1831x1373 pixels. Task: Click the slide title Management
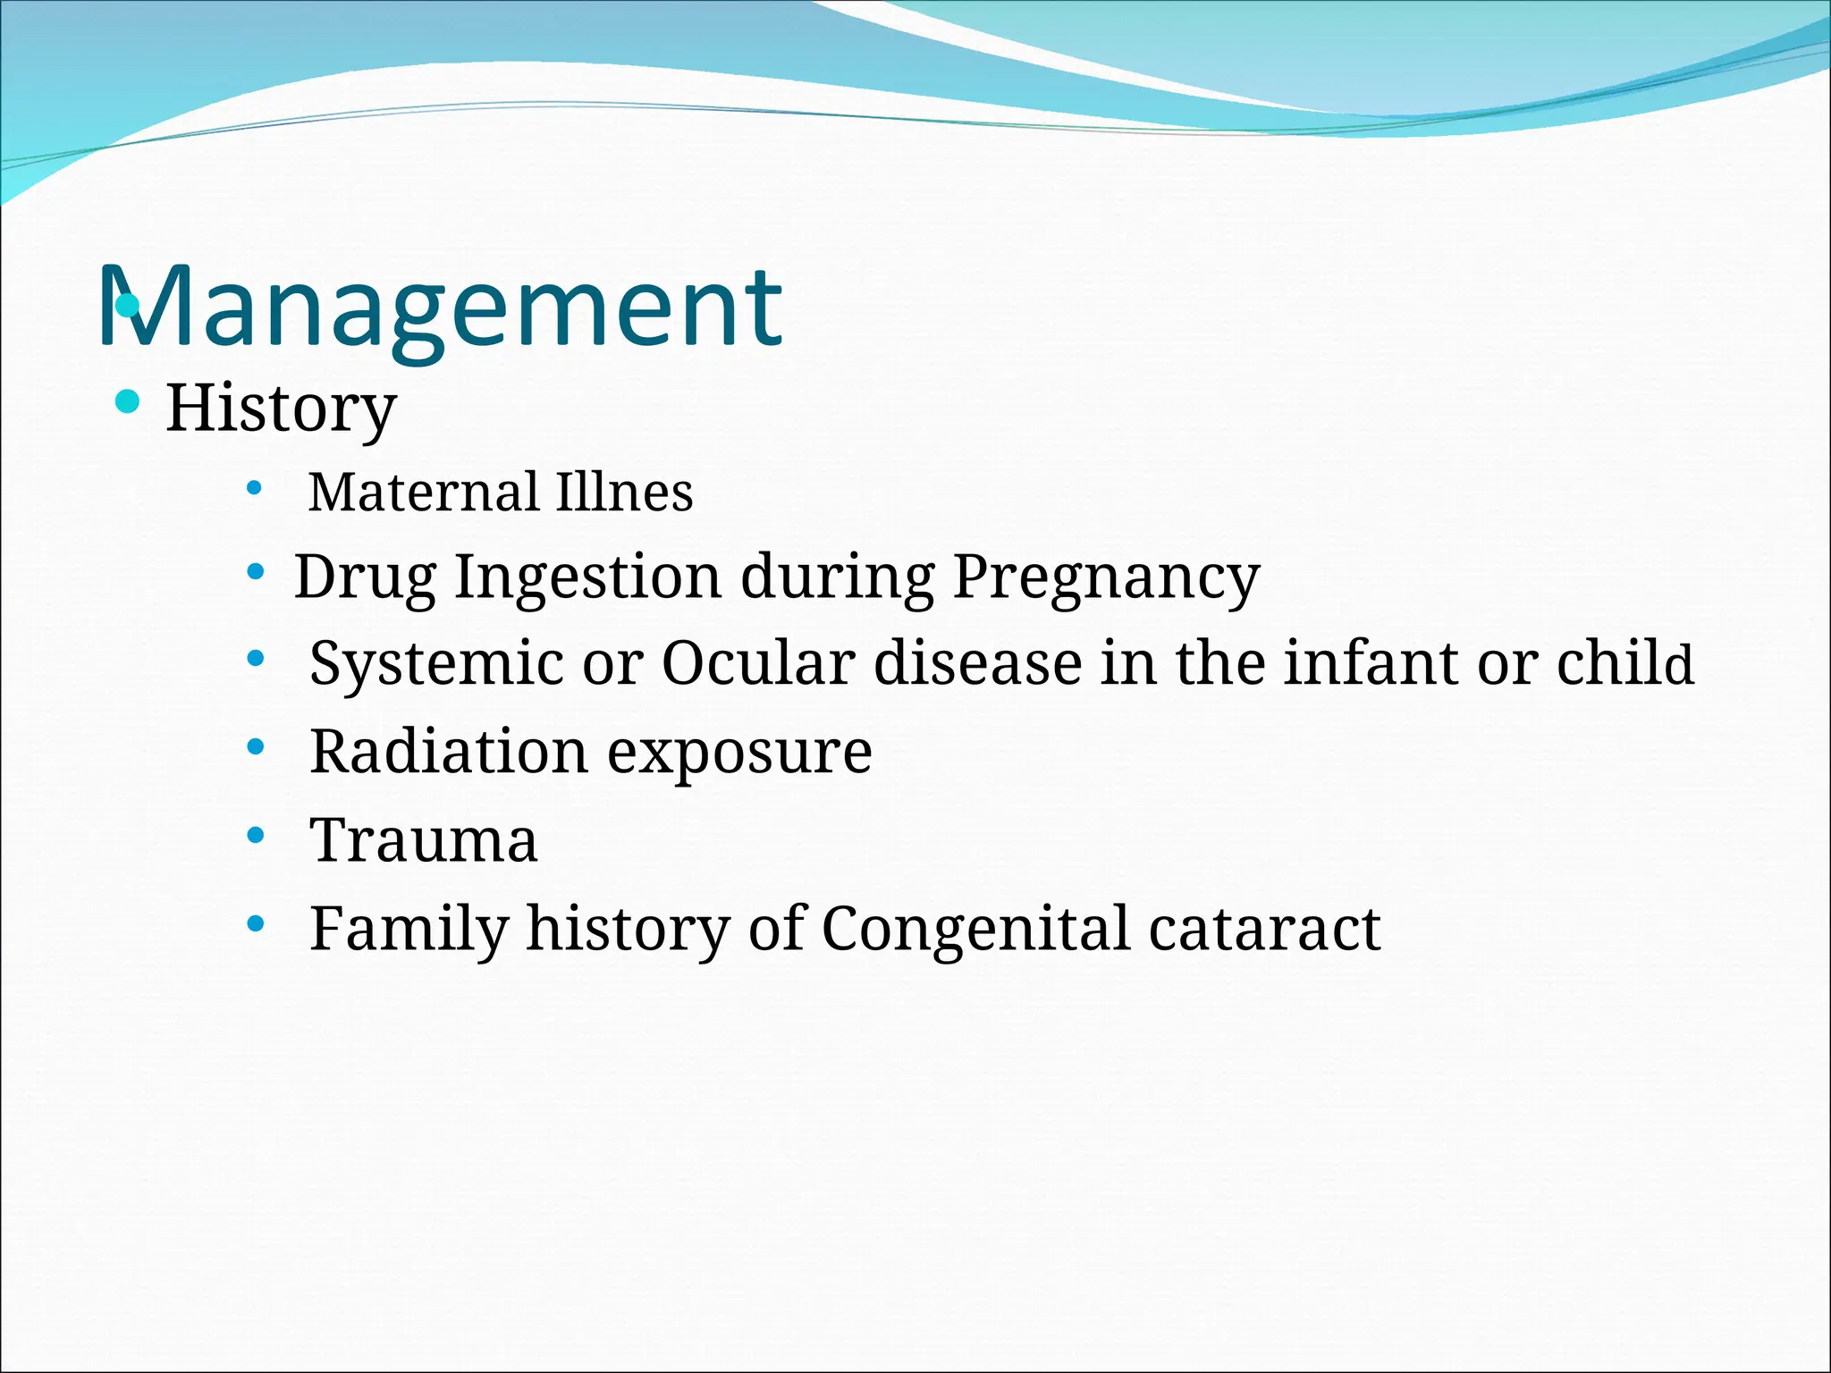pyautogui.click(x=440, y=308)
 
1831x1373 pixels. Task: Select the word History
pyautogui.click(x=281, y=409)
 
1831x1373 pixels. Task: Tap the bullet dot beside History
pyautogui.click(x=128, y=401)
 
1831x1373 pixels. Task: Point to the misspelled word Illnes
pyautogui.click(x=624, y=492)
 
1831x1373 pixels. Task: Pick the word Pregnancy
pyautogui.click(x=1106, y=577)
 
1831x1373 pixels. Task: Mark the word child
pyautogui.click(x=1624, y=663)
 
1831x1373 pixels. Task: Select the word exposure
pyautogui.click(x=739, y=753)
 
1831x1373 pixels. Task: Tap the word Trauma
pyautogui.click(x=424, y=840)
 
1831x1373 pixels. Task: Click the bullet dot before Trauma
pyautogui.click(x=256, y=836)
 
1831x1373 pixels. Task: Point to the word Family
pyautogui.click(x=409, y=929)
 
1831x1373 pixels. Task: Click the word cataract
pyautogui.click(x=1265, y=929)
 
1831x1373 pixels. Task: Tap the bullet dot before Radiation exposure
pyautogui.click(x=256, y=747)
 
